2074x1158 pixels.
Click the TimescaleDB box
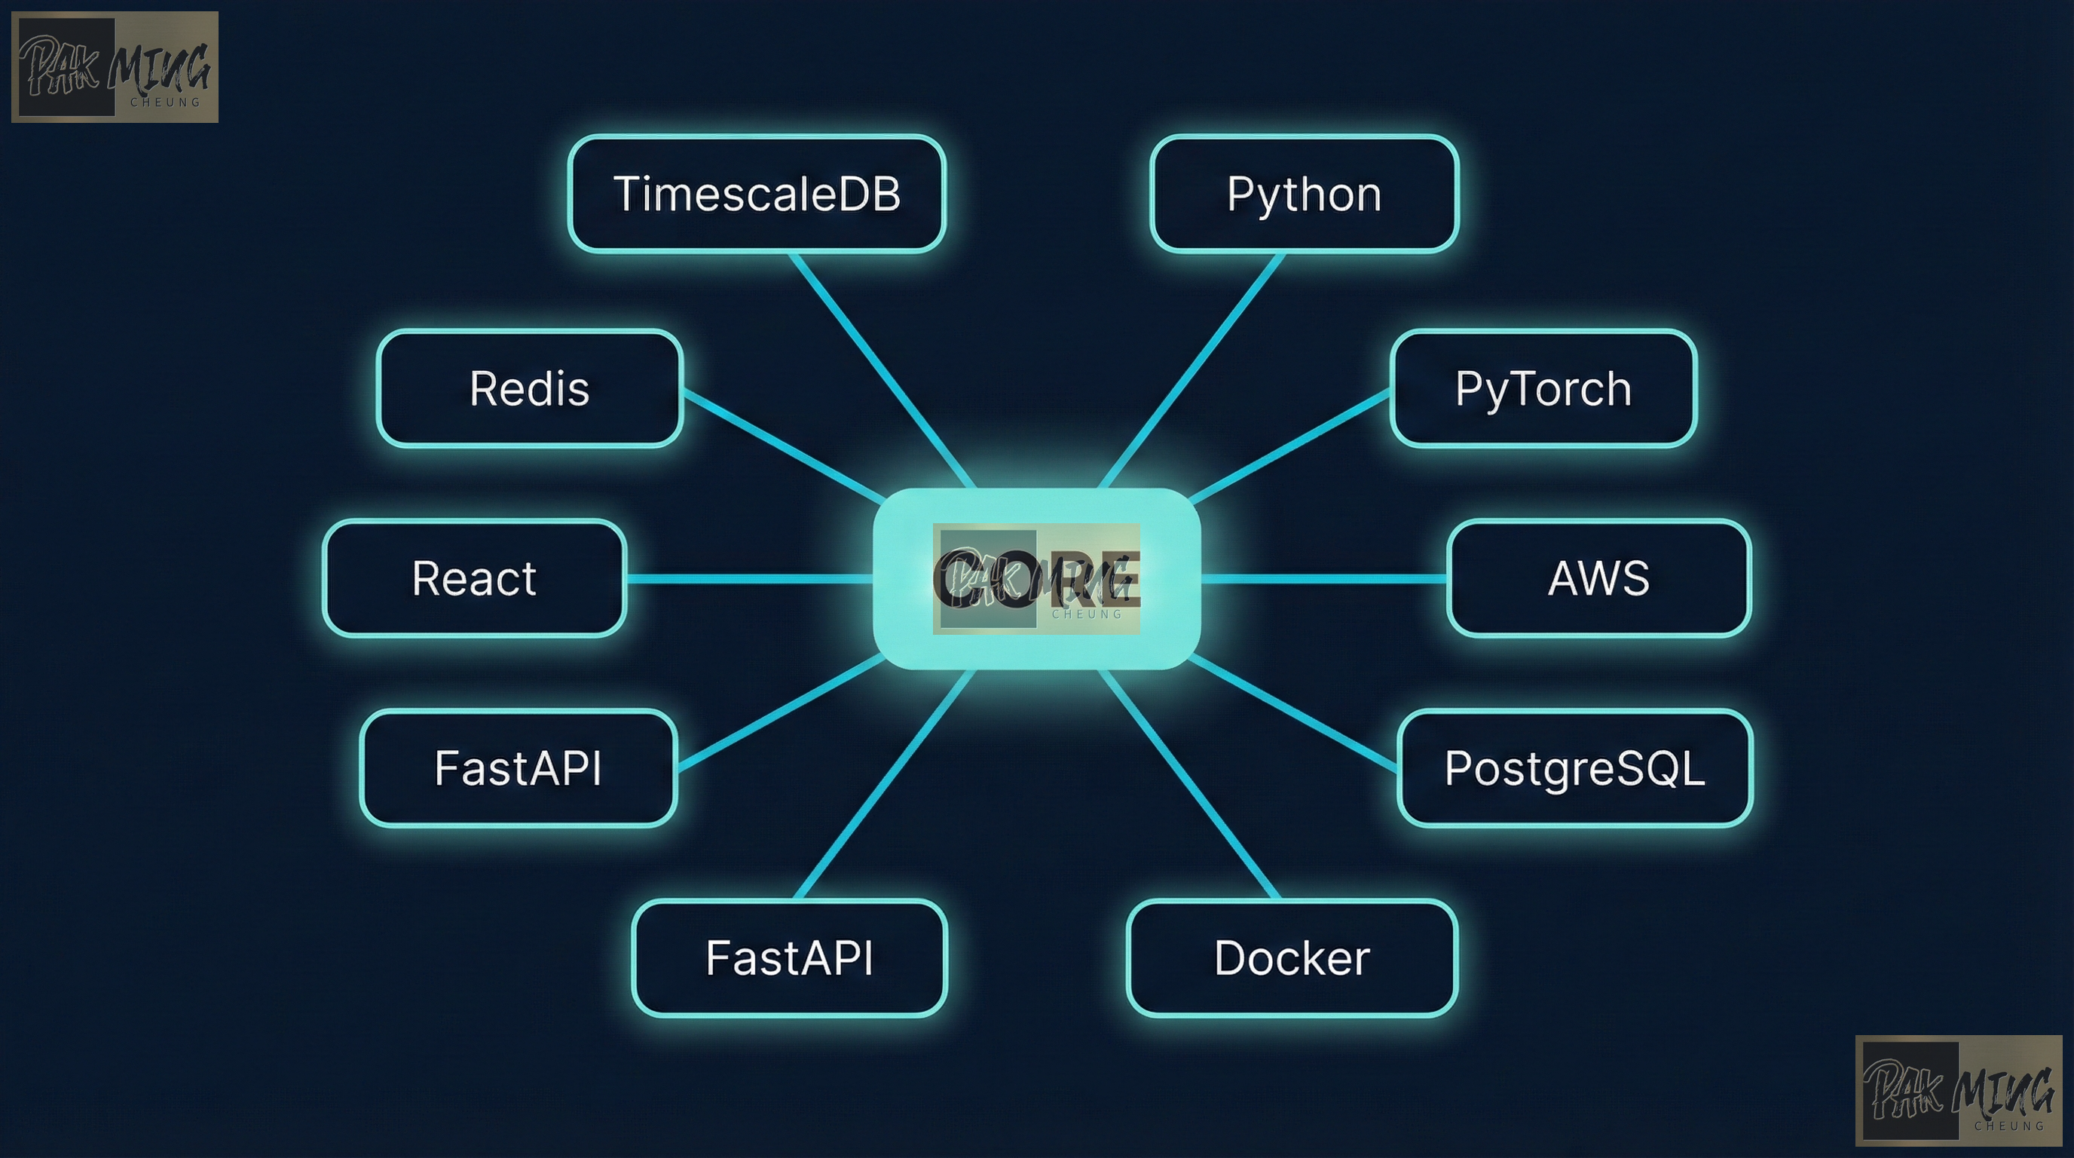(x=756, y=194)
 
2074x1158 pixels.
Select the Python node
(x=1305, y=194)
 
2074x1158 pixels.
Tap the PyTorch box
(x=1543, y=388)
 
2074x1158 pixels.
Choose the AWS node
(x=1598, y=578)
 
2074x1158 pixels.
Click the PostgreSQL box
(x=1574, y=767)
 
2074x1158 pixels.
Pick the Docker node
(x=1292, y=957)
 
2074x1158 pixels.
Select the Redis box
(x=530, y=388)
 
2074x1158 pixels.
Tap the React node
(x=474, y=578)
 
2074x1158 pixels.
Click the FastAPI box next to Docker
(x=789, y=957)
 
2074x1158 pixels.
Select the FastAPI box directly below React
(x=518, y=767)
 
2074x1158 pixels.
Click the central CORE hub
(x=1037, y=578)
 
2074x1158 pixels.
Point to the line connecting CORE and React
(x=749, y=578)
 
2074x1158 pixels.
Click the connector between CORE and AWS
(x=1324, y=578)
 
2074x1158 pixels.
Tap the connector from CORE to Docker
(x=1189, y=785)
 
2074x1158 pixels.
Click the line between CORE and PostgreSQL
(x=1292, y=712)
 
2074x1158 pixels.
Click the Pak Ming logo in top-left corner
(x=115, y=67)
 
